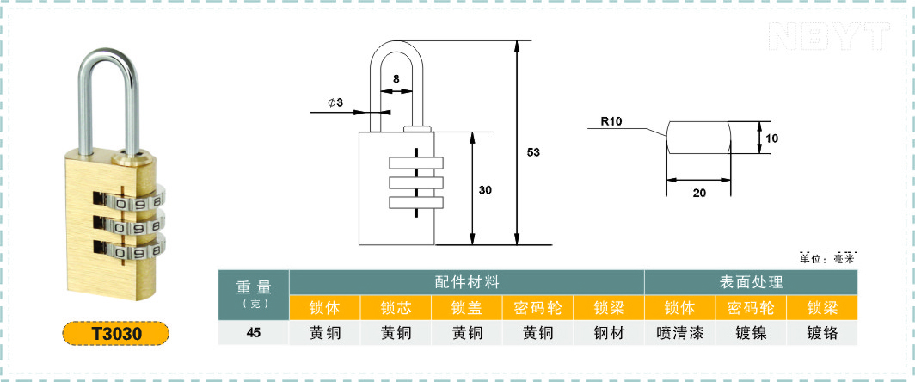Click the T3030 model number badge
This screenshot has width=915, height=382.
click(115, 334)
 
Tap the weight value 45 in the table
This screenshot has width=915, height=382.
click(253, 333)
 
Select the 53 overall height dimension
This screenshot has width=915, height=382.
click(533, 152)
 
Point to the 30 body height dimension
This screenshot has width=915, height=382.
click(486, 190)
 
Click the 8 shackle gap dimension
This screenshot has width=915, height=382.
click(396, 77)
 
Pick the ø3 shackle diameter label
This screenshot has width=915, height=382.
click(335, 102)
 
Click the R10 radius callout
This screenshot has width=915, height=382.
click(612, 122)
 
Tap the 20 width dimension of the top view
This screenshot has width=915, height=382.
click(699, 193)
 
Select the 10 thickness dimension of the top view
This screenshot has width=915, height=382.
click(772, 139)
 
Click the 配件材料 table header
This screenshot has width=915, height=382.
click(468, 282)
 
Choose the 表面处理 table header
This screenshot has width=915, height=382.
click(751, 282)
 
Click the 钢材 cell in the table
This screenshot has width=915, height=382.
click(609, 333)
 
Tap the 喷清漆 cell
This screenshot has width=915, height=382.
click(680, 333)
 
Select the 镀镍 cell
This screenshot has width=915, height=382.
click(751, 333)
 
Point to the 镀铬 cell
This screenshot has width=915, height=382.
click(822, 333)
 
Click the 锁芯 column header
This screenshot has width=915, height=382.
click(396, 307)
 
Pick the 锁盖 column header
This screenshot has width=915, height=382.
click(468, 307)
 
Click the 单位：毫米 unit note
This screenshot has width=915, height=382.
click(830, 258)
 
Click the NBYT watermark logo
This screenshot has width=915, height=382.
click(830, 36)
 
